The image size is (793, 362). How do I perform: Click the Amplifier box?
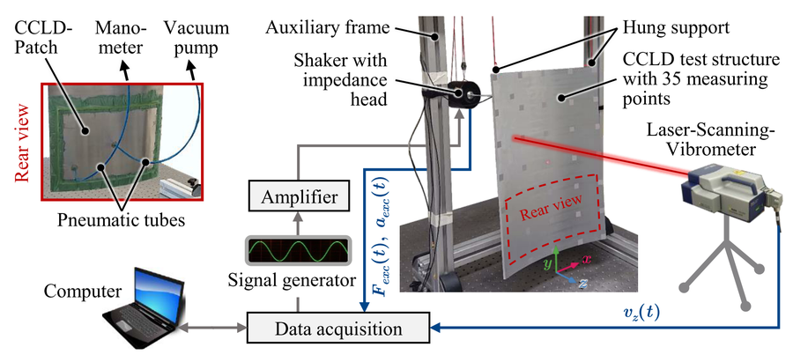(x=299, y=196)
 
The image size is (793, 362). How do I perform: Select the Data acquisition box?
(x=337, y=329)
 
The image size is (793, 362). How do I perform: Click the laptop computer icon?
(x=142, y=307)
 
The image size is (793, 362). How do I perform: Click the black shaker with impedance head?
(x=461, y=93)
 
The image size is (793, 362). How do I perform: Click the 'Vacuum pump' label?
(x=196, y=39)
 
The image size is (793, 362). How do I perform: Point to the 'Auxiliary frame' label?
(x=328, y=28)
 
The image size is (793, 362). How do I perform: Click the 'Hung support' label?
(x=676, y=27)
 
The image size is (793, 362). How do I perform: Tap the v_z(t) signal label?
(x=641, y=314)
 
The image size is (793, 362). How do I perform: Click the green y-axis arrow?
(x=556, y=259)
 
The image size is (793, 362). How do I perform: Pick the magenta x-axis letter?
(x=586, y=260)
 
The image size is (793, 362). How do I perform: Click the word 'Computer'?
(x=83, y=292)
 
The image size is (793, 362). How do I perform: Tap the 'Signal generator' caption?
(x=291, y=279)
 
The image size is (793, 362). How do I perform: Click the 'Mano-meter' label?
(x=119, y=39)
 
